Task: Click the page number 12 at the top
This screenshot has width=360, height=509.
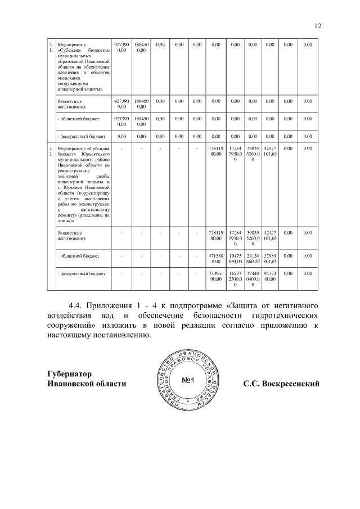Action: click(317, 25)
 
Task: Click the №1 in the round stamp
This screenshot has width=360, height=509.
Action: click(188, 381)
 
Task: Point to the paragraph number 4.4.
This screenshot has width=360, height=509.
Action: click(75, 306)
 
